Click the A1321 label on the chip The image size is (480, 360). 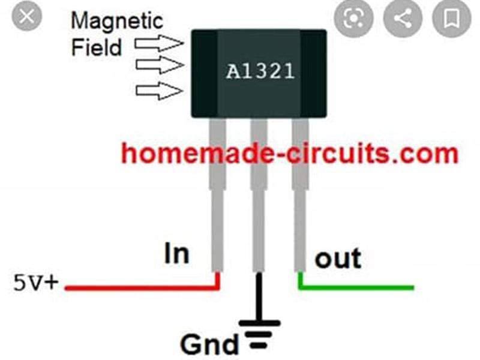[x=260, y=72]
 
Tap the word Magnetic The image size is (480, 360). [x=116, y=21]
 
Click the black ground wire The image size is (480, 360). [x=259, y=297]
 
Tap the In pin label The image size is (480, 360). [x=176, y=254]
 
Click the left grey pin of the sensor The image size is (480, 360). [x=218, y=198]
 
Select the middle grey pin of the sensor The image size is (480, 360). [x=259, y=198]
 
